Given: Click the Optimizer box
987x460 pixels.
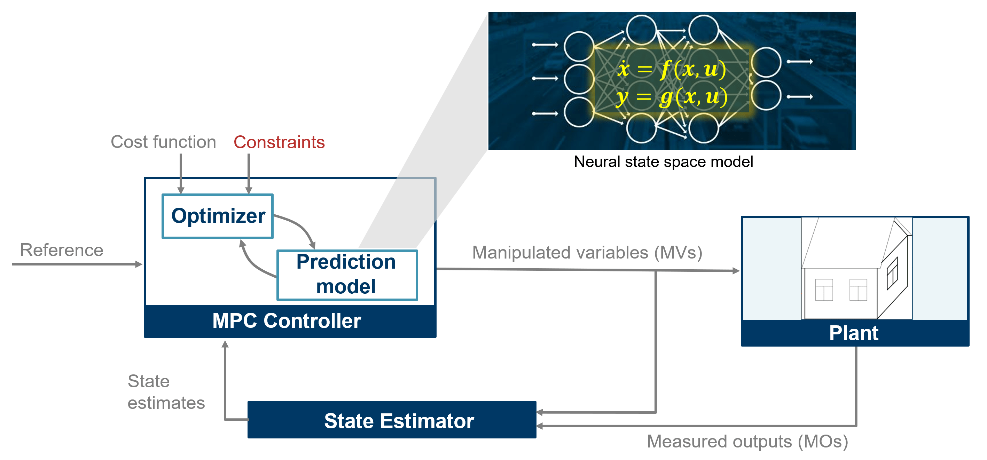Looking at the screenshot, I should click(x=218, y=216).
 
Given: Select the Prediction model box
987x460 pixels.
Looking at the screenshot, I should click(x=346, y=275).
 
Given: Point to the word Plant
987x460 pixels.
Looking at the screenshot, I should click(x=853, y=333).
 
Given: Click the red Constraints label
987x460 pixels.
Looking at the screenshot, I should click(x=279, y=142).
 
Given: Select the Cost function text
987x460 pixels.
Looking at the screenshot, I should click(x=163, y=142).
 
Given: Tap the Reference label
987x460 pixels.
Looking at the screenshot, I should click(x=61, y=250).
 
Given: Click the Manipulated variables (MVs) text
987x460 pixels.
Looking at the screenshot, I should click(x=587, y=253).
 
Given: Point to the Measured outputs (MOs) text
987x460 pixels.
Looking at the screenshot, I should click(x=747, y=442).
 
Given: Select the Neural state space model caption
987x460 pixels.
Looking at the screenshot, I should click(x=663, y=162).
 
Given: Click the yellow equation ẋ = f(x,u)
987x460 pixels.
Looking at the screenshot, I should click(x=671, y=69).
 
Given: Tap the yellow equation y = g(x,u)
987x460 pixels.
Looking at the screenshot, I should click(x=671, y=97).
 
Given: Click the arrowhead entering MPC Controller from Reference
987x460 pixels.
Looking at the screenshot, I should click(x=139, y=264).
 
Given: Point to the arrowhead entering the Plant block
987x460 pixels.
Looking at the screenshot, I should click(x=736, y=271).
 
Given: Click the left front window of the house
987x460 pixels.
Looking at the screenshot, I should click(x=823, y=290).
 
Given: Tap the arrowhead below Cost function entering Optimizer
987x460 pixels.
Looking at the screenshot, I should click(x=181, y=190).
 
